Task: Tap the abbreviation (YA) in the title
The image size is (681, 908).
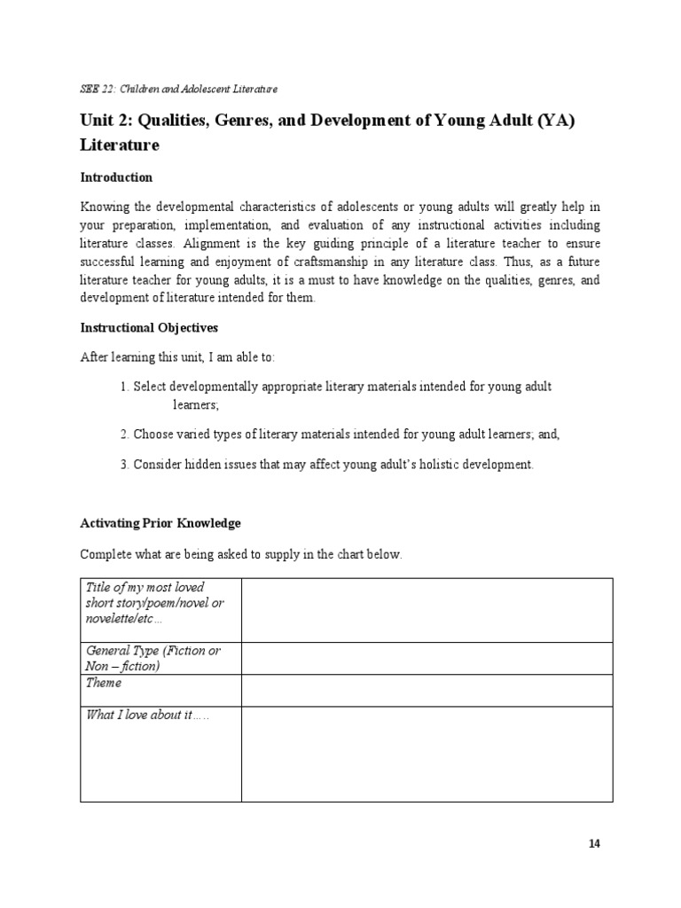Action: tap(550, 121)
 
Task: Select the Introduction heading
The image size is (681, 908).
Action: tap(116, 177)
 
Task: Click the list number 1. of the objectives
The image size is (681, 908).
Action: tap(124, 387)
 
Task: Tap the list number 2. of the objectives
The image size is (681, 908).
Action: tap(124, 434)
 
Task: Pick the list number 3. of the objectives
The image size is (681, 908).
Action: tap(124, 465)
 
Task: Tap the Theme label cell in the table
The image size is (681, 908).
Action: tap(104, 684)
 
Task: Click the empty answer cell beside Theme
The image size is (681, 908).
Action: tap(427, 690)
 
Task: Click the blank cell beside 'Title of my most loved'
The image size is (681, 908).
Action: tap(427, 610)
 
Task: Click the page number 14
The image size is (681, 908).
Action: tap(594, 843)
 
